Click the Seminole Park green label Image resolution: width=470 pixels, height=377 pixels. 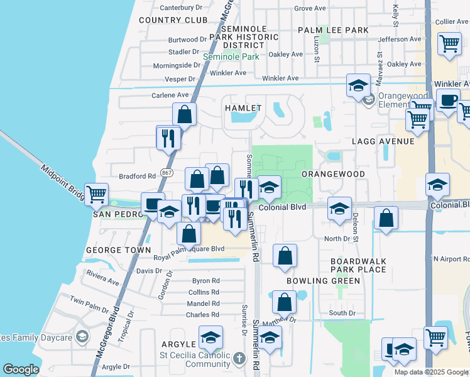[x=231, y=57]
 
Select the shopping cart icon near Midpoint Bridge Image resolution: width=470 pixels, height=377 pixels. [x=96, y=195]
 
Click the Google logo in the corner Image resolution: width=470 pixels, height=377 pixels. [x=21, y=369]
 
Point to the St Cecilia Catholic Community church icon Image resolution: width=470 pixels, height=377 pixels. [x=238, y=359]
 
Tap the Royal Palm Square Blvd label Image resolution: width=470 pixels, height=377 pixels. [x=189, y=249]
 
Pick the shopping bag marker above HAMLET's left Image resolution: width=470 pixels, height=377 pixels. [x=185, y=114]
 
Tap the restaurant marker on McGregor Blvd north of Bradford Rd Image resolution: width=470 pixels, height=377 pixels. [x=168, y=138]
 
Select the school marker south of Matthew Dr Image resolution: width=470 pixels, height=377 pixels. [x=270, y=338]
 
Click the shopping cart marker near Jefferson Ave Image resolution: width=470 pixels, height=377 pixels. [x=450, y=44]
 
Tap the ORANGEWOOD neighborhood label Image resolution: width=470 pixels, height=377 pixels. [x=333, y=174]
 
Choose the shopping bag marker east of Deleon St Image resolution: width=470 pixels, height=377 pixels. [x=386, y=219]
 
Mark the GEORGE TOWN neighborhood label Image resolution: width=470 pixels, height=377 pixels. [x=119, y=250]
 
